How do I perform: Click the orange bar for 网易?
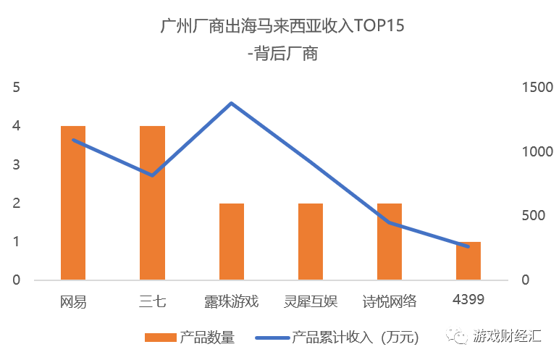73,203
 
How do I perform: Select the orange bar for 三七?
152,203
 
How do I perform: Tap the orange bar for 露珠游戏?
231,241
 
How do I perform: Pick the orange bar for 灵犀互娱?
311,241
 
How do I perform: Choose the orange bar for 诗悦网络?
390,241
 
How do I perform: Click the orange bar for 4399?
468,261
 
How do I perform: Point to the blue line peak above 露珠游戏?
231,103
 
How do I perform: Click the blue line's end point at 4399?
468,247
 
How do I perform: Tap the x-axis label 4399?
468,299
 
